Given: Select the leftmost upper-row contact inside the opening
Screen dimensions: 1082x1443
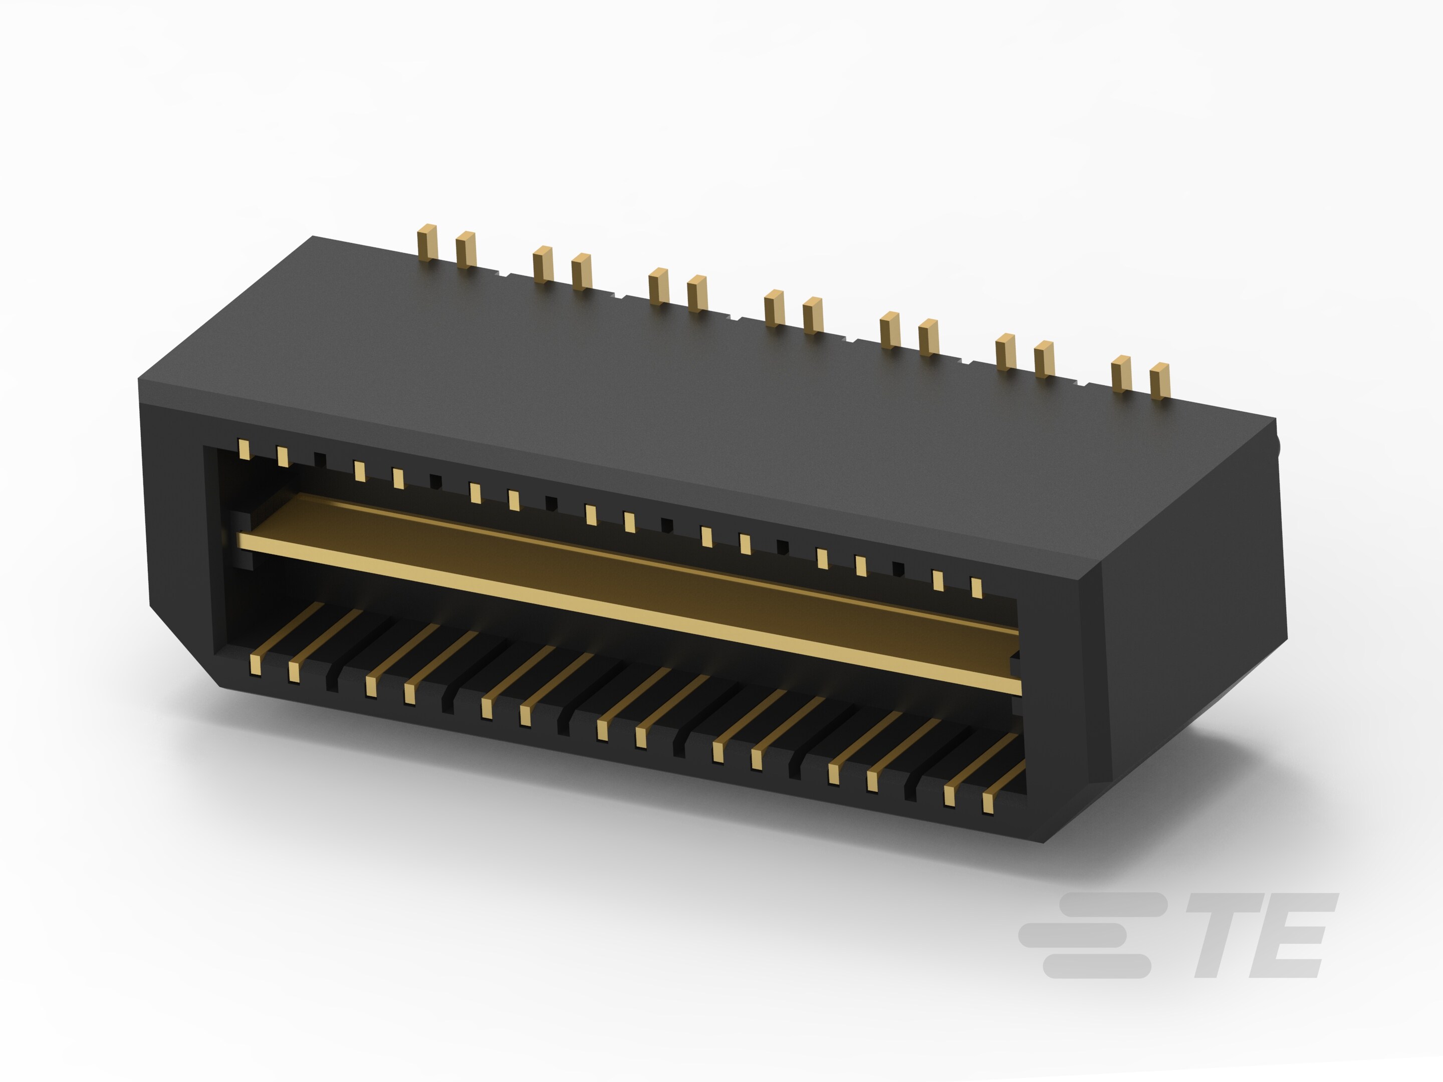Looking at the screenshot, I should [244, 449].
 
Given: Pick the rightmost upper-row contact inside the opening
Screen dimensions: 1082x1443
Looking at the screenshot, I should [976, 588].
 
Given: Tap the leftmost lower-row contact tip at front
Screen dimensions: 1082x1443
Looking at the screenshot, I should [255, 665].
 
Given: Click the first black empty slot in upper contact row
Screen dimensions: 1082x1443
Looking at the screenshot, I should [320, 459].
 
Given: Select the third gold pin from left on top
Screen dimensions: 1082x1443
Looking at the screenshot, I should [542, 264].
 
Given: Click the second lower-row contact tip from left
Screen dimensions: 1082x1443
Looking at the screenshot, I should [294, 672].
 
